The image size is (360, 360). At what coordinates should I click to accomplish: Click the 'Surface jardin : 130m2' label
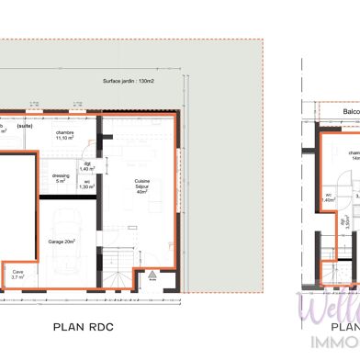point(129,81)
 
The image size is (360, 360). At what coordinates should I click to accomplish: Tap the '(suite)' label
point(24,126)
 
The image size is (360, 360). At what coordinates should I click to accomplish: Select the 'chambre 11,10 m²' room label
point(64,135)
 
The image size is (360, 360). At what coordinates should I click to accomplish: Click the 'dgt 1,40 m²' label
point(87,167)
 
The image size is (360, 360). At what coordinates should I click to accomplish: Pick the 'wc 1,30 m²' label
point(87,185)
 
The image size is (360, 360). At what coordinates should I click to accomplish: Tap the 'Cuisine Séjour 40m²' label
point(142,187)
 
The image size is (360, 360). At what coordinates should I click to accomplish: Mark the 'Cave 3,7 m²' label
point(18,274)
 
